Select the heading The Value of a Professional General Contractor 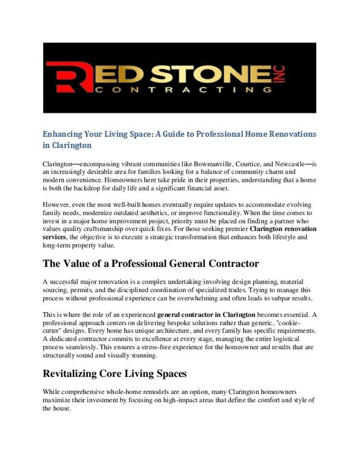151,263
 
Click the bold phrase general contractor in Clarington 206,315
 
